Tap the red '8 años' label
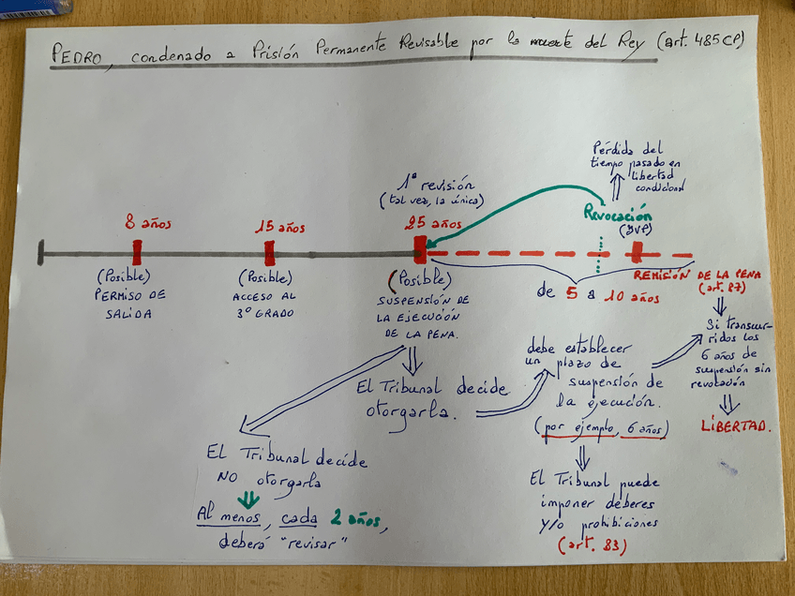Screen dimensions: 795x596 pos(143,223)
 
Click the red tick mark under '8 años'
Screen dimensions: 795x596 pos(137,252)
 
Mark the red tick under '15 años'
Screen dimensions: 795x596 pos(270,252)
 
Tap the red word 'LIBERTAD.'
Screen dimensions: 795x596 pos(736,426)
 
